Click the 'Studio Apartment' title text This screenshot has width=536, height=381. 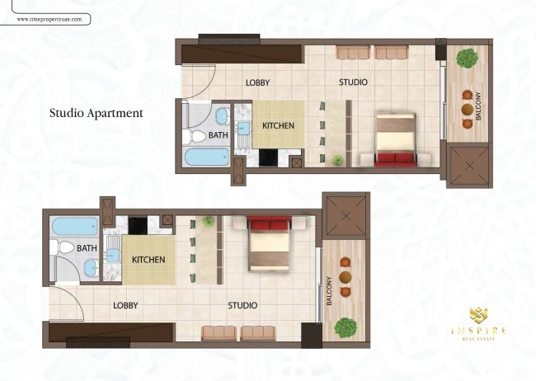pyautogui.click(x=96, y=113)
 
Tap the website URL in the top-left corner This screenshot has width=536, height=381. pyautogui.click(x=49, y=20)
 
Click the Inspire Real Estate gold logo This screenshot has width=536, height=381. pyautogui.click(x=478, y=324)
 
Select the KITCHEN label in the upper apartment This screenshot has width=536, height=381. pyautogui.click(x=278, y=125)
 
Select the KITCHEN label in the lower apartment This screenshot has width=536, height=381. pyautogui.click(x=148, y=260)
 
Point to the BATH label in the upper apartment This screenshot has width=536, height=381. pyautogui.click(x=218, y=135)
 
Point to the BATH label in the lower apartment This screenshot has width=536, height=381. pyautogui.click(x=87, y=248)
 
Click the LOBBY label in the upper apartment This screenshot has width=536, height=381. pyautogui.click(x=258, y=82)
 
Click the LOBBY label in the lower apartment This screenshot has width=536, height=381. pyautogui.click(x=125, y=305)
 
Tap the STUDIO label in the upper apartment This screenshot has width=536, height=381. pyautogui.click(x=354, y=82)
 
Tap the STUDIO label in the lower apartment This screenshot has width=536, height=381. pyautogui.click(x=242, y=305)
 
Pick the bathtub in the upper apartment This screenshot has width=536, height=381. pyautogui.click(x=207, y=157)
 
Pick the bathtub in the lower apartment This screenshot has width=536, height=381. pyautogui.click(x=75, y=227)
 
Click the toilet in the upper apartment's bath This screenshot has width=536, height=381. pyautogui.click(x=194, y=136)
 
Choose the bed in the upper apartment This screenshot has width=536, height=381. pyautogui.click(x=396, y=139)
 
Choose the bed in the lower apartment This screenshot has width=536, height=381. pyautogui.click(x=270, y=243)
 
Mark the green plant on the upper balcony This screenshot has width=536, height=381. pyautogui.click(x=468, y=58)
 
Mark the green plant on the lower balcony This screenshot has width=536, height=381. pyautogui.click(x=346, y=327)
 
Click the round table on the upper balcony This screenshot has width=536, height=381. pyautogui.click(x=468, y=110)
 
